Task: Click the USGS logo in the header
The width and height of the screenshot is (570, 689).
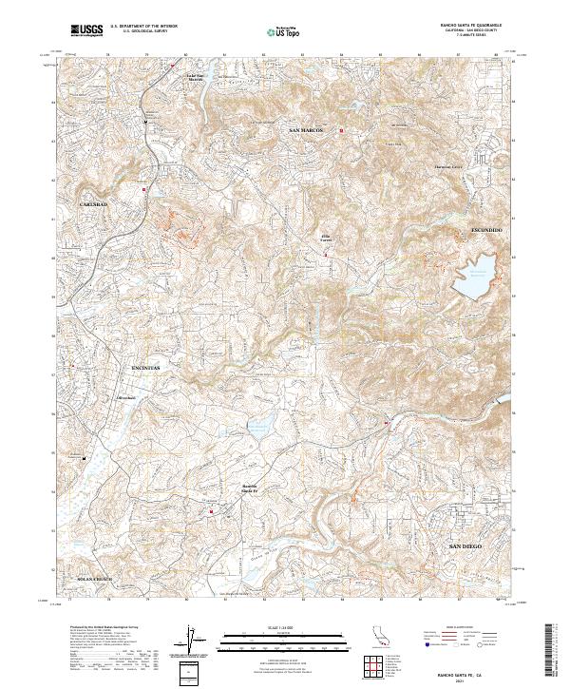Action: point(86,30)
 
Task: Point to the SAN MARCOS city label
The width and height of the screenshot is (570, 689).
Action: point(308,129)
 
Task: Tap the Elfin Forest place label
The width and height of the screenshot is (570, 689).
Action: point(326,238)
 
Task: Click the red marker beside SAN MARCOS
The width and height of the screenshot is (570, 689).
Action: point(341,130)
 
